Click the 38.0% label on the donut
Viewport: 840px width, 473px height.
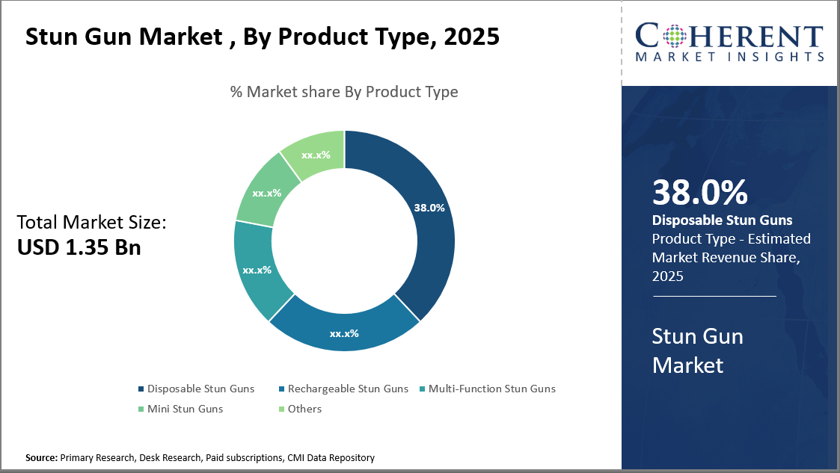[429, 208]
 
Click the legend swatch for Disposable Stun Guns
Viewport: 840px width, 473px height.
[141, 389]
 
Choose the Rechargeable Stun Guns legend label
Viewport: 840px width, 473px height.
[348, 389]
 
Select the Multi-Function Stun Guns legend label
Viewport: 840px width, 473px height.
[491, 389]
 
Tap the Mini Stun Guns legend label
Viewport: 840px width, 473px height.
[185, 409]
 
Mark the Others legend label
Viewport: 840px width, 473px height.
[304, 409]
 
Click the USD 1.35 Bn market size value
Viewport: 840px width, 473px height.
[79, 247]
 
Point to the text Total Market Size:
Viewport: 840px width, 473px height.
[91, 222]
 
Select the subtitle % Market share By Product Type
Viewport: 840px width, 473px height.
[344, 92]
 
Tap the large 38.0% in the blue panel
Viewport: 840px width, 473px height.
[699, 192]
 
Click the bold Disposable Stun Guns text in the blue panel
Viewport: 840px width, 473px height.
[722, 220]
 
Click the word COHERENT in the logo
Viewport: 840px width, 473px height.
[729, 36]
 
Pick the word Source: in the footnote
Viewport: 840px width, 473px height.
[41, 457]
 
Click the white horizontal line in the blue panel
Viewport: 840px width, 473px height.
[714, 297]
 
